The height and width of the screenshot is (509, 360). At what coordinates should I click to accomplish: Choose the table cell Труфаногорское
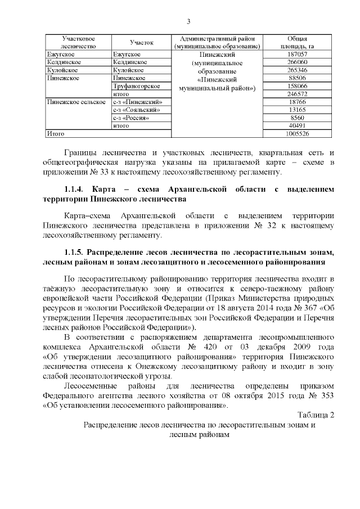[137, 86]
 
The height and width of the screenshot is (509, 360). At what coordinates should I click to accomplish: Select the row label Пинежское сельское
[76, 102]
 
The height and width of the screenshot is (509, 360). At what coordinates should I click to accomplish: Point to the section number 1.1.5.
[74, 250]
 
